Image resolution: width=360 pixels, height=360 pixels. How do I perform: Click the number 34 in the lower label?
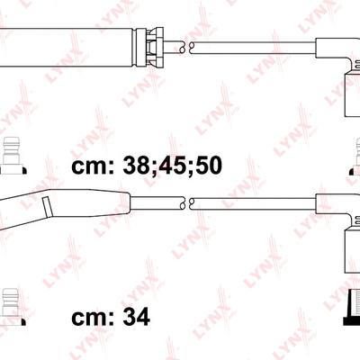click(x=136, y=317)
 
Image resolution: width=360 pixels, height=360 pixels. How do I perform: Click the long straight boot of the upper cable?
click(x=66, y=48)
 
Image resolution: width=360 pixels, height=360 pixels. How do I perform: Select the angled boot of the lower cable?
click(x=65, y=205)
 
